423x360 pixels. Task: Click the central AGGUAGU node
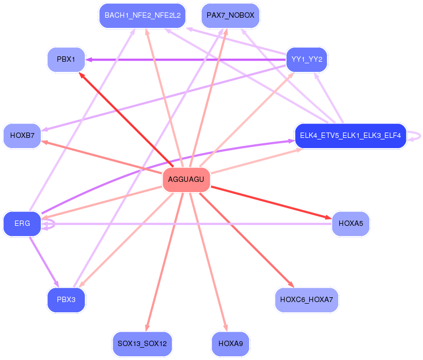point(186,179)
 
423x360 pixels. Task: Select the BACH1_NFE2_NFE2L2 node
point(142,16)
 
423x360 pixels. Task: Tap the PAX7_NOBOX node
point(230,16)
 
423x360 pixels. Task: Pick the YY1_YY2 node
point(307,59)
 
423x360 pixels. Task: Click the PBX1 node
point(66,59)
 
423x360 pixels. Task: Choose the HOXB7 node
point(22,135)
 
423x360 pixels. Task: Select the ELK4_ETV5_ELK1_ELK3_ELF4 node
point(350,135)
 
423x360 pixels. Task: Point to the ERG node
point(22,223)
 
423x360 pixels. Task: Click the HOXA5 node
point(351,223)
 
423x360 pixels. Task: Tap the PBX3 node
point(66,299)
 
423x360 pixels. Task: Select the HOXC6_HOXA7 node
point(307,299)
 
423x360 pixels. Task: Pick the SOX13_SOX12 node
point(142,343)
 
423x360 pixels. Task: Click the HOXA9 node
point(230,343)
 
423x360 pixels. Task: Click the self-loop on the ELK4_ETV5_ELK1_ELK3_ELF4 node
point(417,136)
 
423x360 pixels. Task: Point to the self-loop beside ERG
point(49,223)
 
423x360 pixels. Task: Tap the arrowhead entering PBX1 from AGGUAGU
point(82,76)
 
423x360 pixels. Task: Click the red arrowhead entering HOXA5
point(328,217)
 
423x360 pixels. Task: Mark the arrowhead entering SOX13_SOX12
point(146,328)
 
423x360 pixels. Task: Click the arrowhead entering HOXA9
point(226,328)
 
